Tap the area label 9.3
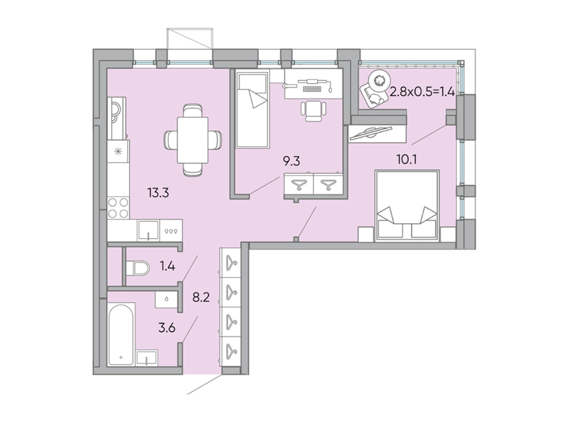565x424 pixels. [290, 162]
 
